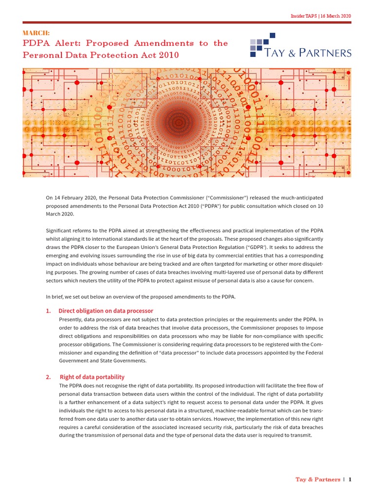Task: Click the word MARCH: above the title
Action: coord(36,33)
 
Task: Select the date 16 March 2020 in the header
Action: coord(336,16)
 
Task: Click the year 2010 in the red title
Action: coord(168,55)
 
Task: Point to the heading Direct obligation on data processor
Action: coord(106,311)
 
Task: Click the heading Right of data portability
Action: coord(92,377)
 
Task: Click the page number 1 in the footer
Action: coord(350,480)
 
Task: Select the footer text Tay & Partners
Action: coord(318,480)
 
